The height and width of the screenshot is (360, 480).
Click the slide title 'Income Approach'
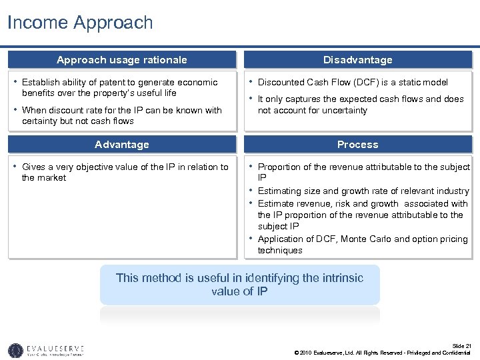(x=80, y=23)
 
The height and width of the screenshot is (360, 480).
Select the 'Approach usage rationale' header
(x=122, y=60)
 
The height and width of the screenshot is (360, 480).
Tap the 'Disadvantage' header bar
(x=357, y=60)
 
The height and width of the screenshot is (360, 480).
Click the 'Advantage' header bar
(x=122, y=145)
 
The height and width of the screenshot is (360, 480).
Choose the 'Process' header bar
(x=357, y=145)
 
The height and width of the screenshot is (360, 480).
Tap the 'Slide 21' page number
(x=461, y=345)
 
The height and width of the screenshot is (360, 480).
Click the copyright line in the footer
(x=382, y=353)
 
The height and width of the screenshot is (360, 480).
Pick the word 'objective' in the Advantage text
(x=90, y=167)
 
